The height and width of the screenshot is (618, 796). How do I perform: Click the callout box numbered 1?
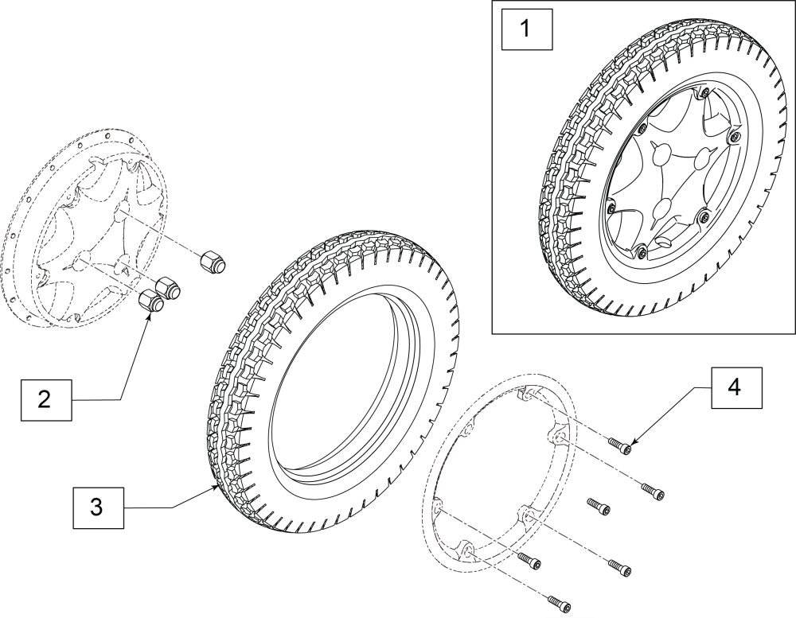[x=526, y=29]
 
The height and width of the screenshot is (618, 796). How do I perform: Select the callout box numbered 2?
[x=46, y=399]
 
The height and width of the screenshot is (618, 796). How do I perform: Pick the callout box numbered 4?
[x=736, y=388]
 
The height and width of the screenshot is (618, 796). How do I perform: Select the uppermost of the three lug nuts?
[x=213, y=262]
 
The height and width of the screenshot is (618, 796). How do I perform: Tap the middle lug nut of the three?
[x=168, y=289]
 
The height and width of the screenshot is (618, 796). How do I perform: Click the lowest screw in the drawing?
[x=559, y=603]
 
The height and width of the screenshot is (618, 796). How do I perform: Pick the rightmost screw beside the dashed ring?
[x=653, y=490]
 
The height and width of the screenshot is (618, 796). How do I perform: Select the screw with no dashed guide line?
[x=598, y=507]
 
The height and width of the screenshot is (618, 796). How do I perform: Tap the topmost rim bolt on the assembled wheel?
[x=704, y=93]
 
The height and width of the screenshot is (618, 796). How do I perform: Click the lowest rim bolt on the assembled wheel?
[x=641, y=250]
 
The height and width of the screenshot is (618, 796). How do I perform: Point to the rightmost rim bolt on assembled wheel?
[x=732, y=137]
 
